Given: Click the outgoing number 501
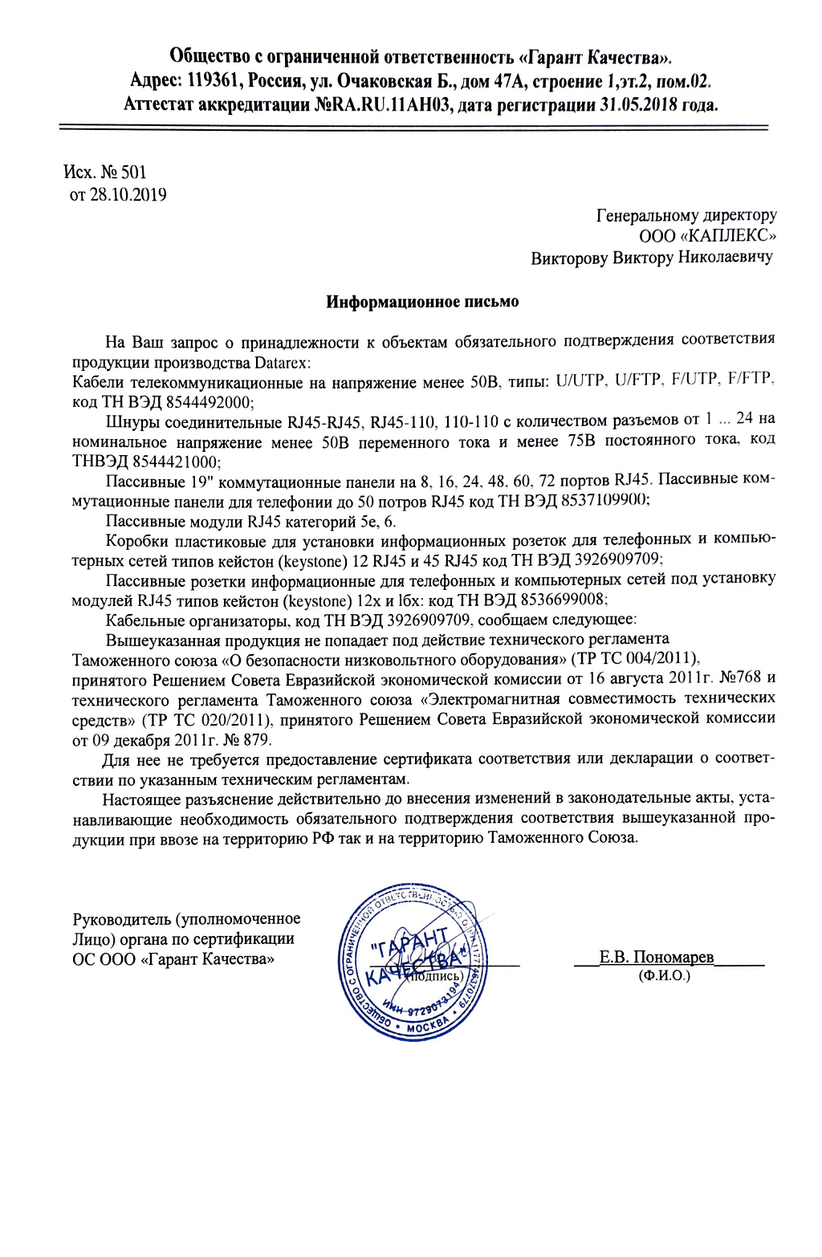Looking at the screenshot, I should (x=134, y=173).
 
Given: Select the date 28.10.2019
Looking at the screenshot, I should (x=128, y=195).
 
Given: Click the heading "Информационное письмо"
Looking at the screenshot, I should (x=422, y=303).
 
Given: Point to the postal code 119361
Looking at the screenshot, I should (x=215, y=81).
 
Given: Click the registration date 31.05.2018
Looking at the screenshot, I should (x=638, y=105).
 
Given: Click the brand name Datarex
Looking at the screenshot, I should (x=282, y=363).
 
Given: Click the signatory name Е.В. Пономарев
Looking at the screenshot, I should (x=656, y=958).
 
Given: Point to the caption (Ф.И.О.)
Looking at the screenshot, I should (x=665, y=976).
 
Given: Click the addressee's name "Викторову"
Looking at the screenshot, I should (x=569, y=258).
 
